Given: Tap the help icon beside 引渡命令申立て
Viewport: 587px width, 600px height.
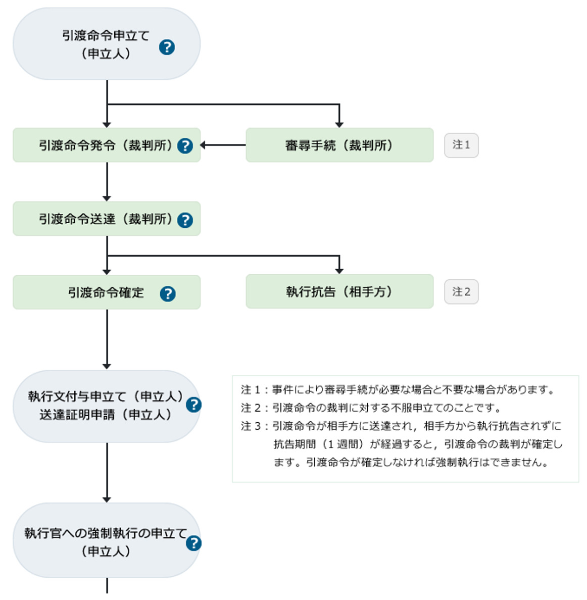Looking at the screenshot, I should [167, 47].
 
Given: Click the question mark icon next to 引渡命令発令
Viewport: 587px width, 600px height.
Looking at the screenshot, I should [185, 146].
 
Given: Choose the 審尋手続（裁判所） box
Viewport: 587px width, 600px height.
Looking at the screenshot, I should [339, 145].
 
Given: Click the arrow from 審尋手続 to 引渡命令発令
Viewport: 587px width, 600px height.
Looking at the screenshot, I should [223, 145].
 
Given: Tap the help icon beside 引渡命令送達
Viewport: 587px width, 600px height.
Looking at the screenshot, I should [185, 220].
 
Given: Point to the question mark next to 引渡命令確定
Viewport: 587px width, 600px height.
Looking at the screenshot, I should [168, 293].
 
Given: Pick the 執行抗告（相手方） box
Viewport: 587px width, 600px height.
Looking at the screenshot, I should [339, 291].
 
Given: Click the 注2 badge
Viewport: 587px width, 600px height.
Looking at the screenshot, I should [461, 292].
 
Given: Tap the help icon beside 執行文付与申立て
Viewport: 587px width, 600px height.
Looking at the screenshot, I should [193, 405].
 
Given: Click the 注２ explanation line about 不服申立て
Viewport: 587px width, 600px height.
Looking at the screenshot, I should [371, 408].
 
